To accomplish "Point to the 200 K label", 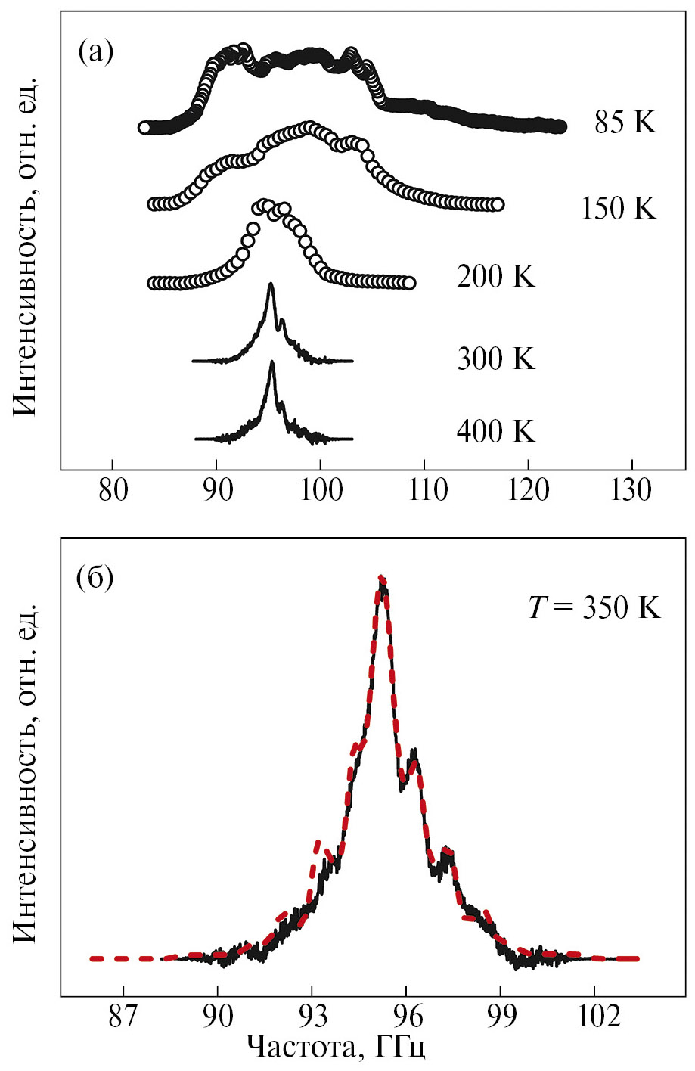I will pos(495,277).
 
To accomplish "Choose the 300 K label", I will pos(495,359).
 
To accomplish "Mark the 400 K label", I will pos(495,431).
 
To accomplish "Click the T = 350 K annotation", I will pos(594,607).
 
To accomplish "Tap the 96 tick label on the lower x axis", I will pos(406,1015).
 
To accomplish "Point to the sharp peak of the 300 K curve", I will pos(271,285).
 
